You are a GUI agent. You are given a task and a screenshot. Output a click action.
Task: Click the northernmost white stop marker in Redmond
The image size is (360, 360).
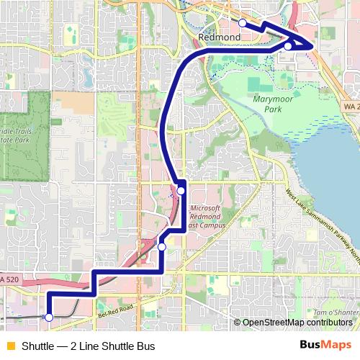(x=243, y=24)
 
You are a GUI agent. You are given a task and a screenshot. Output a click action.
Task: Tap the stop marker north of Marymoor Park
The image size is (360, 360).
(x=288, y=47)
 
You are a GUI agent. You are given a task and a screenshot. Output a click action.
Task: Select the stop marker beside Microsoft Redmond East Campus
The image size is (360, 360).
(x=181, y=190)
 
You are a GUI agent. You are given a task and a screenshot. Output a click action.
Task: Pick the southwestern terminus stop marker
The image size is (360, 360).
(x=49, y=317)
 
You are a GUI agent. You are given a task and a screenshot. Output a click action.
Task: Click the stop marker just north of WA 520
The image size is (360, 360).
(x=162, y=247)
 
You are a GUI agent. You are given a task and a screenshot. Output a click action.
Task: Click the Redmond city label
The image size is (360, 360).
(x=214, y=36)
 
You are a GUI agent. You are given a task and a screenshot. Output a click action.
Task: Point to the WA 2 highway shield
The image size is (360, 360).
(x=350, y=106)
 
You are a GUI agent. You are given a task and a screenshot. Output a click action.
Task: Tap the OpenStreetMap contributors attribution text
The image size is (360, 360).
(x=296, y=323)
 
